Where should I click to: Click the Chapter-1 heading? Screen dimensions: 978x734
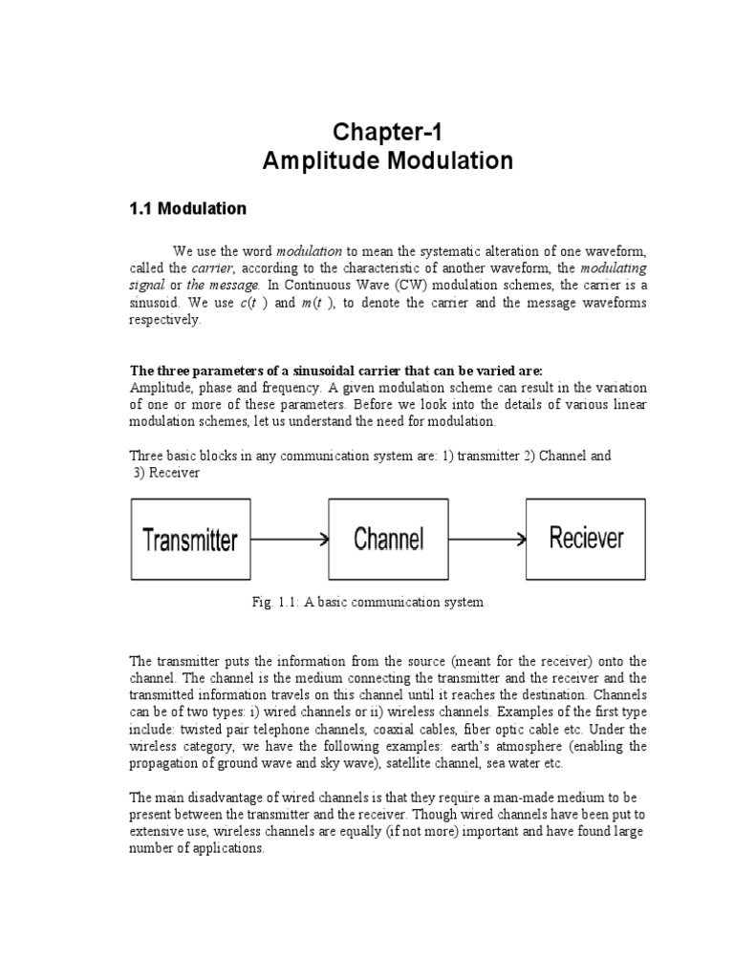coord(387,130)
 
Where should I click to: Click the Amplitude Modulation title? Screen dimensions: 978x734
coord(387,160)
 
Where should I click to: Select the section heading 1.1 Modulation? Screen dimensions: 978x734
coord(187,208)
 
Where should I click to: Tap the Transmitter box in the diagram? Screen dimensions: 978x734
coord(189,540)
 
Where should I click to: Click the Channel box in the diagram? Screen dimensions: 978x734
coord(388,539)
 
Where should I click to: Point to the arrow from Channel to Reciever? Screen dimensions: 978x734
coord(486,539)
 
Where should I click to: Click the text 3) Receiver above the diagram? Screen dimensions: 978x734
coord(166,473)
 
